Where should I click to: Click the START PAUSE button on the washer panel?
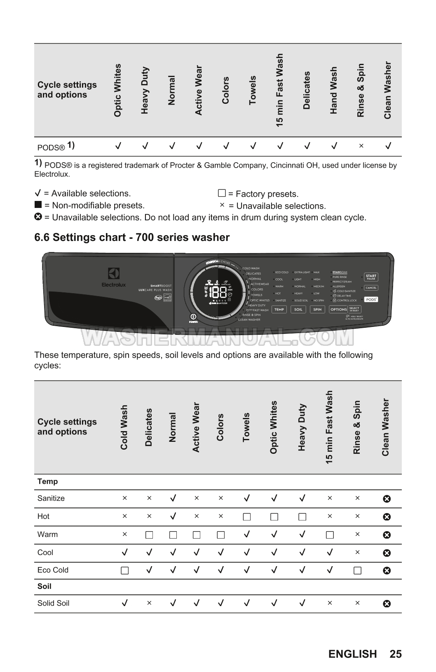371,277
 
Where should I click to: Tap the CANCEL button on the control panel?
371,288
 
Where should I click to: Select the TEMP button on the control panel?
279,309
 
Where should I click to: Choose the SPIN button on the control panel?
317,309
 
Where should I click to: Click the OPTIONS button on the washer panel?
338,309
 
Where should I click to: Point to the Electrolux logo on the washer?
114,277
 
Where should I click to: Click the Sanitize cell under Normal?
173,498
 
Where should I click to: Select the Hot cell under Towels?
246,516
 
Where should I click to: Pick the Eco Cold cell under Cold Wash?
124,570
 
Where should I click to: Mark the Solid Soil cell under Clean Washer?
387,604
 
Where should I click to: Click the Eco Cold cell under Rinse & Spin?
357,570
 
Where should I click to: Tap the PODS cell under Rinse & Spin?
361,146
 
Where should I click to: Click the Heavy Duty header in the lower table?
302,427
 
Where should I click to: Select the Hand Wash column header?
334,90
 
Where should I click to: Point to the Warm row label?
47,534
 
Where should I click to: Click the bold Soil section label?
45,586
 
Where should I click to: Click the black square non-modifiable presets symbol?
38,205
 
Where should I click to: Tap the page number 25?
395,654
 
